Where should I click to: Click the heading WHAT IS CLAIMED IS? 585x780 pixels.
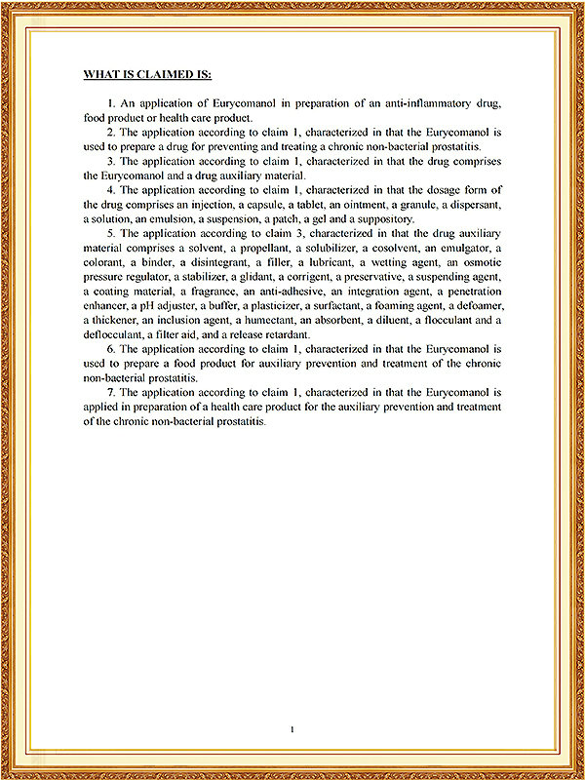tap(146, 74)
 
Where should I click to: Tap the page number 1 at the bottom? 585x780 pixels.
tap(292, 728)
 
